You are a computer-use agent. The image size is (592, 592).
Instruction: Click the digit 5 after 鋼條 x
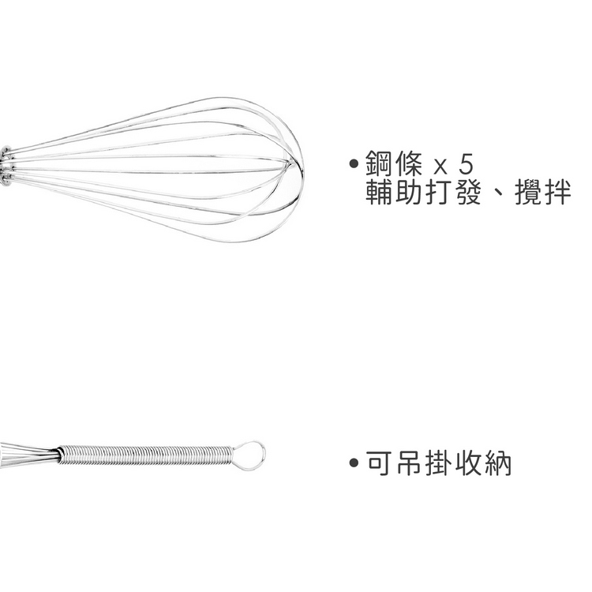click(466, 164)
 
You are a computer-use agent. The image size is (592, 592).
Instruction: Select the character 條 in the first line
click(408, 163)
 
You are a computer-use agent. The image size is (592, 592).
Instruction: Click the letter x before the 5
click(440, 167)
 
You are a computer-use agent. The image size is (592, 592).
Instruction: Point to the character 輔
click(378, 192)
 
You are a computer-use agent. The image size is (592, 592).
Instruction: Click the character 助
click(408, 192)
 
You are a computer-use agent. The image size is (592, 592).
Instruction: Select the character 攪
click(527, 192)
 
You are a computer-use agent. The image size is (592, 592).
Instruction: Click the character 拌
click(557, 192)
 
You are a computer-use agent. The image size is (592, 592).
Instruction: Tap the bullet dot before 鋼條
click(354, 163)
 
